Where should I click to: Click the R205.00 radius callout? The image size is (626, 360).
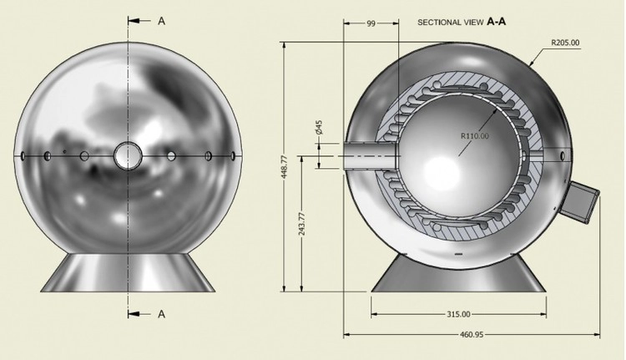565,43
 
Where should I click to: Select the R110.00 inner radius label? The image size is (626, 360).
475,136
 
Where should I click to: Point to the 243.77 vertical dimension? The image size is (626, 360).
302,224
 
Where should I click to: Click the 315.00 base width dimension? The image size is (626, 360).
458,314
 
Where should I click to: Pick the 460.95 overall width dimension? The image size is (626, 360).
472,334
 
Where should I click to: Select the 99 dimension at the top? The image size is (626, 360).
371,23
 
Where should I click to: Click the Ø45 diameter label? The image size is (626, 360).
319,128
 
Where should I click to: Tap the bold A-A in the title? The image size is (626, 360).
497,22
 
